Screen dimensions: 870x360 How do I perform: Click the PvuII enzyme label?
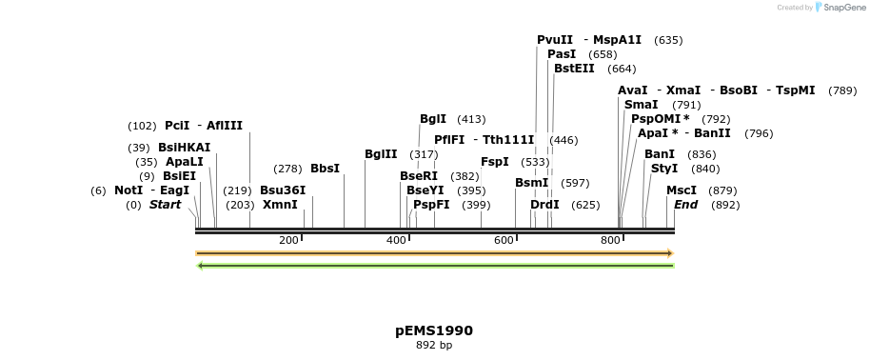(x=555, y=40)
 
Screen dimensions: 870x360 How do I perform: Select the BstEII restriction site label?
(x=575, y=69)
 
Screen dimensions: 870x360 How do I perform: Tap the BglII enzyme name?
(x=381, y=154)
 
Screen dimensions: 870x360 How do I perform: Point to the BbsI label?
(x=325, y=169)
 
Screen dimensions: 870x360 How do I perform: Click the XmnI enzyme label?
(x=280, y=205)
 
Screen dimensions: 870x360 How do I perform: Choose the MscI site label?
(x=682, y=190)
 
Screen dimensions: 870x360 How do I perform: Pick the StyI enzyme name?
(x=664, y=169)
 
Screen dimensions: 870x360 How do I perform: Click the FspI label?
(x=495, y=162)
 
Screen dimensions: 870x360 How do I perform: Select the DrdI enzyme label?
(x=545, y=205)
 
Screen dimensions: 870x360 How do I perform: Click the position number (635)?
(x=668, y=40)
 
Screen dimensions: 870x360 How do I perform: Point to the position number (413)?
(x=471, y=119)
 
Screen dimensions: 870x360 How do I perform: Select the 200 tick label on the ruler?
(x=289, y=240)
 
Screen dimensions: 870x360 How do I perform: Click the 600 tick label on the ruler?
(x=504, y=240)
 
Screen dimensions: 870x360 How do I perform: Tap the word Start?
(x=165, y=205)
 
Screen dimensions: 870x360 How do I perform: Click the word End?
(x=686, y=205)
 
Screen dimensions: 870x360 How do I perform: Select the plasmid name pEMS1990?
(x=434, y=330)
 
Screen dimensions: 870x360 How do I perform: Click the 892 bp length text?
(x=434, y=345)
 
